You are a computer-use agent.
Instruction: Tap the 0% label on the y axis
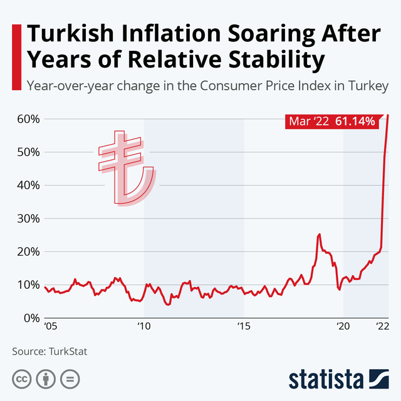[28, 318]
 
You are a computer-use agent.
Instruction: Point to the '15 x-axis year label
[244, 327]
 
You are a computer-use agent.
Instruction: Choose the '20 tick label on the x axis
[343, 327]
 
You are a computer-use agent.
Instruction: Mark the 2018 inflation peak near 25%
[320, 234]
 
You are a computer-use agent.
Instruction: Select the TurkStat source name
[66, 352]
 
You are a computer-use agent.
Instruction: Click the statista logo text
[326, 380]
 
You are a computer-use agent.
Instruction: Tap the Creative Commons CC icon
[23, 380]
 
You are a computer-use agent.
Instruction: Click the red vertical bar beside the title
[16, 47]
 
